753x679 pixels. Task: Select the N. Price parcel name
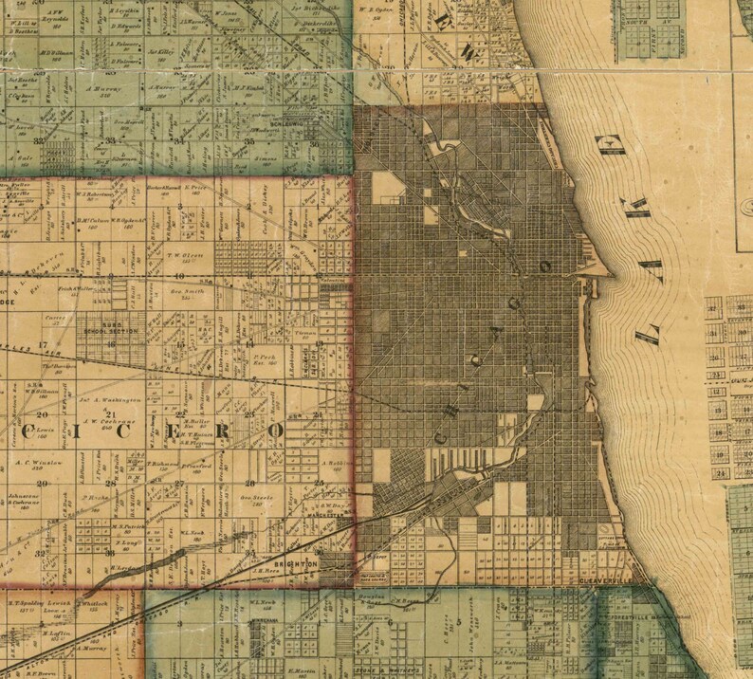pos(196,187)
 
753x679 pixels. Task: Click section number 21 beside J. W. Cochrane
pos(111,414)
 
